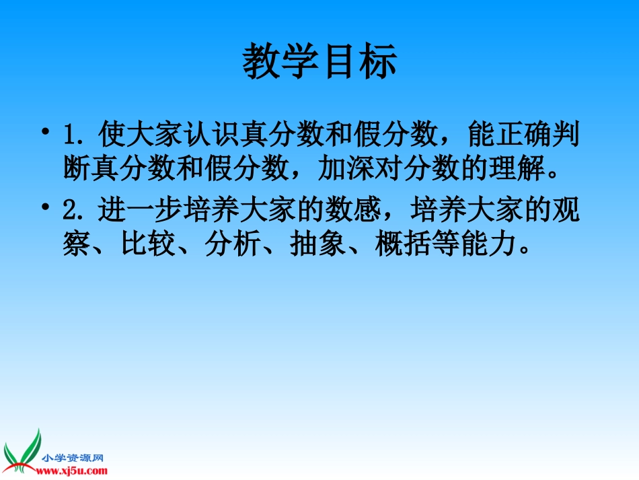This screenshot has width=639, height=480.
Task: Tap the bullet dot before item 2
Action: (x=45, y=211)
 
